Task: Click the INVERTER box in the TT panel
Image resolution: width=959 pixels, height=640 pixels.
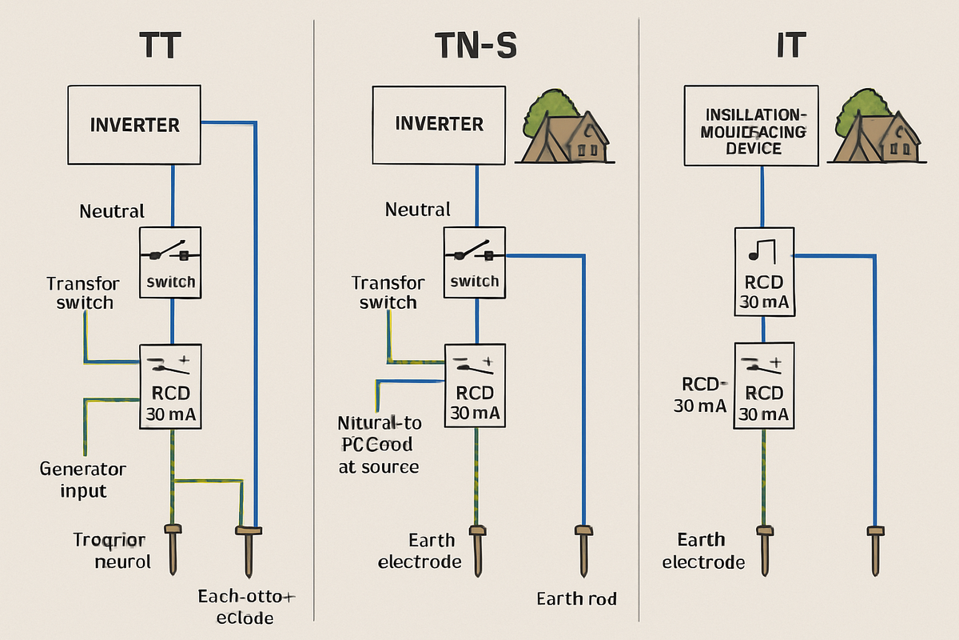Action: click(x=134, y=125)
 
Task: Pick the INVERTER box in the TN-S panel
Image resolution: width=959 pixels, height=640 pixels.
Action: click(x=439, y=124)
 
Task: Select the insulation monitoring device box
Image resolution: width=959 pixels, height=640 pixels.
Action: click(x=752, y=126)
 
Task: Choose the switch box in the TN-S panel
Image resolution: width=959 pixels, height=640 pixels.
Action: click(x=475, y=263)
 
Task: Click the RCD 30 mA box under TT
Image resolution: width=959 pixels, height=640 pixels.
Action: click(x=172, y=388)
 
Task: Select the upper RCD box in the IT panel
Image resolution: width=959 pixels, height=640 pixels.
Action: click(x=764, y=271)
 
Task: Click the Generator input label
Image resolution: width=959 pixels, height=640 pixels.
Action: click(x=83, y=479)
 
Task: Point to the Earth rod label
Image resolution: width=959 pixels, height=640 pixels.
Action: click(x=576, y=598)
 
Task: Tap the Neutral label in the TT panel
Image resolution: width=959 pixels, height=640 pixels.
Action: click(x=112, y=211)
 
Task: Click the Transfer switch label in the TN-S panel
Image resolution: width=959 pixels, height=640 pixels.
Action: click(x=388, y=293)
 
